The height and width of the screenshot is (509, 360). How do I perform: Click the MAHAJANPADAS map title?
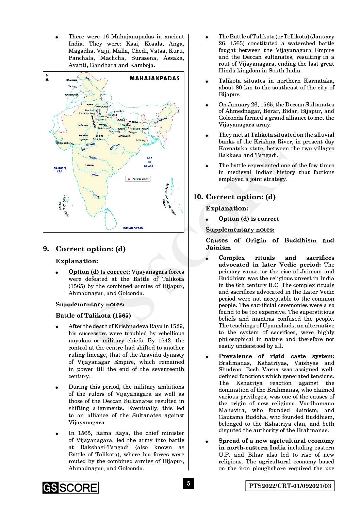154,78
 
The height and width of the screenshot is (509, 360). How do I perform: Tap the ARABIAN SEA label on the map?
60,170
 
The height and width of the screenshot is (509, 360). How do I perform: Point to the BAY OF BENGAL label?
149,162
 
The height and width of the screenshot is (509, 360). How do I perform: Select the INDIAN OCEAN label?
133,228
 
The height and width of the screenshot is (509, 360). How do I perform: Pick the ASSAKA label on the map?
89,165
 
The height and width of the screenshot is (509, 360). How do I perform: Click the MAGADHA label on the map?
125,136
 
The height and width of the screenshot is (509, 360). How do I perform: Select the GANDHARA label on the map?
72,95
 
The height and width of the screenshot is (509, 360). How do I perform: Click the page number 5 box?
189,483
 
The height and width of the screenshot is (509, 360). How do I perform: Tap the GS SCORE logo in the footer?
70,488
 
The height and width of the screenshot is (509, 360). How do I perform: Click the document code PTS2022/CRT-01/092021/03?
290,486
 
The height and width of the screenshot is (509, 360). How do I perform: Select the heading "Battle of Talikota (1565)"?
93,315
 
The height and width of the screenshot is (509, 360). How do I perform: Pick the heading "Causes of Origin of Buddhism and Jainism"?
270,244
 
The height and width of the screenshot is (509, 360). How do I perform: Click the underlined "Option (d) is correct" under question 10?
249,219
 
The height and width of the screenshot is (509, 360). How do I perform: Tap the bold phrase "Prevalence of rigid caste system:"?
276,356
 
